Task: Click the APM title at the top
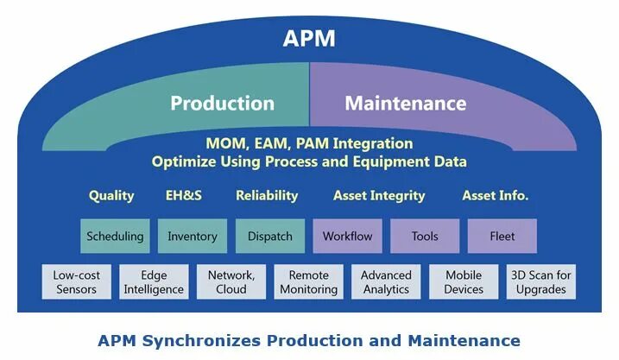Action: tap(309, 39)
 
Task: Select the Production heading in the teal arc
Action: tap(222, 104)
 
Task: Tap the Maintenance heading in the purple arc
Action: tap(405, 104)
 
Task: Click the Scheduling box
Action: tap(115, 236)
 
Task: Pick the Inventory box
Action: tap(193, 236)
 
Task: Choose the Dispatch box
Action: tap(269, 236)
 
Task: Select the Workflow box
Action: tap(347, 236)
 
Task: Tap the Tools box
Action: tap(425, 236)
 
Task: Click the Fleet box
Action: tap(502, 236)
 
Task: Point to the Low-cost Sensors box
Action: tap(77, 282)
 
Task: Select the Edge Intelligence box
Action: tap(154, 282)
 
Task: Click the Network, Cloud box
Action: tap(231, 282)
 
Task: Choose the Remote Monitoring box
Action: tap(308, 282)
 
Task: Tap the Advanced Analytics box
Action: tap(386, 282)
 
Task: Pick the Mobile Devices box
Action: tap(464, 282)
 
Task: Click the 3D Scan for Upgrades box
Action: tap(540, 282)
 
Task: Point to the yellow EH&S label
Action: tap(183, 195)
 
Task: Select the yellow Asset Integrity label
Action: tap(379, 195)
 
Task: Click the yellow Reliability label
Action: tap(267, 195)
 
